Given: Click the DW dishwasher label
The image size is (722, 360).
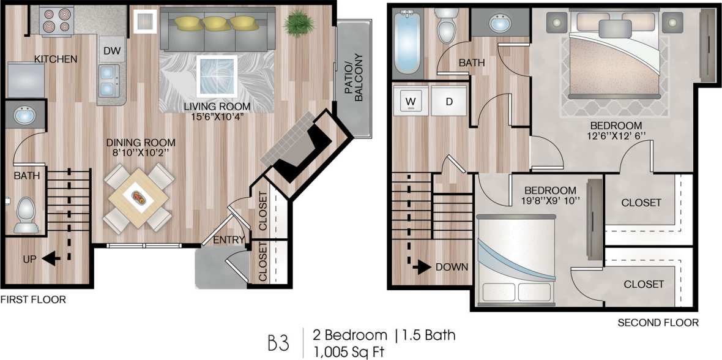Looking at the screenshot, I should (x=111, y=51).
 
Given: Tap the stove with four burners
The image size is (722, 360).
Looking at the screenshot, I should (x=57, y=20).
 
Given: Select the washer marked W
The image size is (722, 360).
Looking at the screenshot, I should (x=411, y=100).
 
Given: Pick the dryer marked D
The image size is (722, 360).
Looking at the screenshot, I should (x=448, y=100).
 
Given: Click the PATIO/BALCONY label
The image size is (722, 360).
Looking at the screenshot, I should (x=353, y=77).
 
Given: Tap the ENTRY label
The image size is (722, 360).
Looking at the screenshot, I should (x=229, y=239).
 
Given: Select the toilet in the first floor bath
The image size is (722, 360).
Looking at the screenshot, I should (x=25, y=214).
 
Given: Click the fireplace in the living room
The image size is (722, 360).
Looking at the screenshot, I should (x=296, y=148).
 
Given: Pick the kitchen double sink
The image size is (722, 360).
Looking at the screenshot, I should (x=110, y=81).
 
